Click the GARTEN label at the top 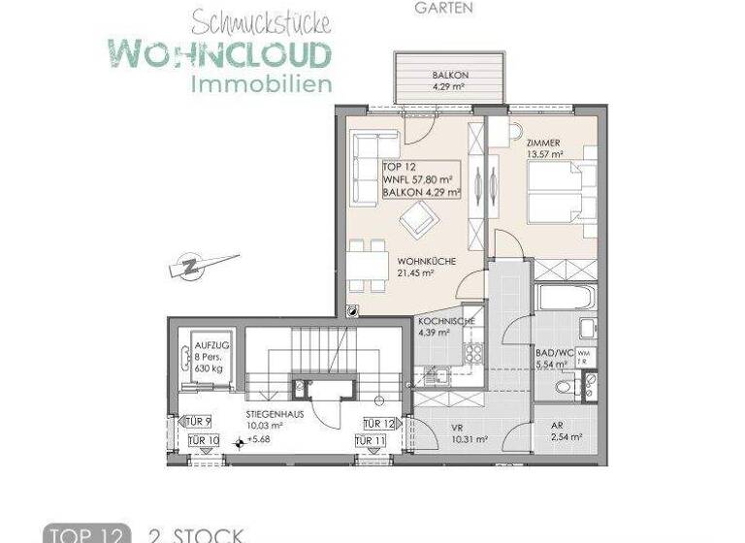point(443,8)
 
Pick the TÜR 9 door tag point(197,422)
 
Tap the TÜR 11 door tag point(371,441)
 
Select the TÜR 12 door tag point(379,423)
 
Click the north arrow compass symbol point(200,264)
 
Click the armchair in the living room point(418,223)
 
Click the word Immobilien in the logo point(262,85)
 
